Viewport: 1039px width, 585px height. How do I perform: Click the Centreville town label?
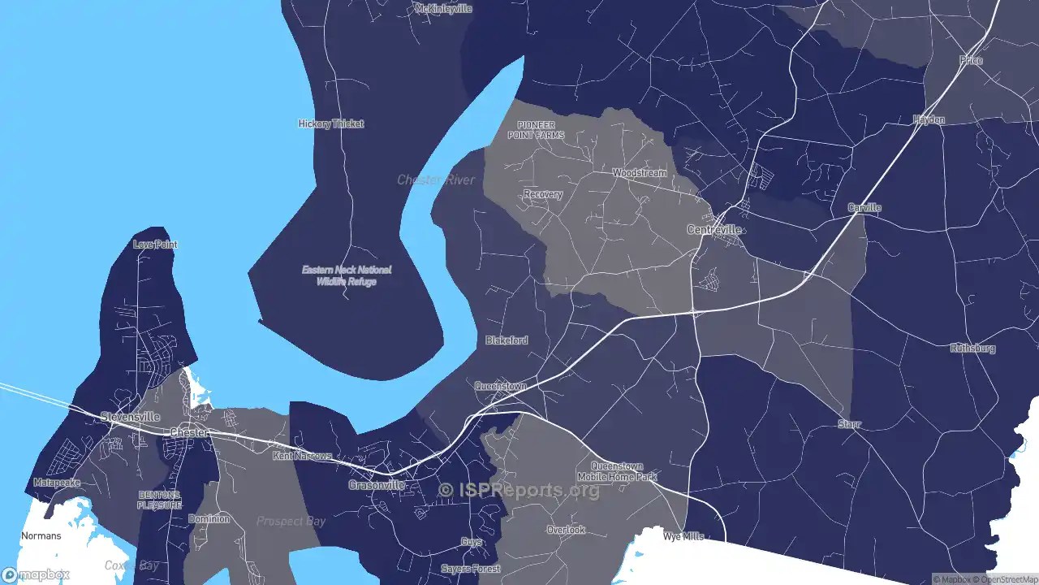coord(714,230)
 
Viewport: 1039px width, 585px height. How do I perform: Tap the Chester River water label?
coord(436,180)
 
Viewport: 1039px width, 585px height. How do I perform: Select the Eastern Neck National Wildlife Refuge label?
coord(347,275)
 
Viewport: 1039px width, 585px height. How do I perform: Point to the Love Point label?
coord(155,245)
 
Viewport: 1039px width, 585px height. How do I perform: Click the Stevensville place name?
coord(130,417)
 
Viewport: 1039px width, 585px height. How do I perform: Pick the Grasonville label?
coord(377,485)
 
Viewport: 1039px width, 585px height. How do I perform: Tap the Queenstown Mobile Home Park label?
coord(617,472)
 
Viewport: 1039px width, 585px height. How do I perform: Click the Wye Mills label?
coord(683,537)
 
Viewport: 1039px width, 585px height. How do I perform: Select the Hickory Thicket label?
coord(331,124)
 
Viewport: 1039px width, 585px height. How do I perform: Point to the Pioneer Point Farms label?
coord(536,130)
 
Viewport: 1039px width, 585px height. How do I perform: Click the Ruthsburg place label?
coord(972,349)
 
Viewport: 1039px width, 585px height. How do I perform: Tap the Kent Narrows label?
coord(302,456)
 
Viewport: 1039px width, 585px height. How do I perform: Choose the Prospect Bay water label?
coord(291,521)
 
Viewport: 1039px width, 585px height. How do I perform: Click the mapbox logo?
coord(36,575)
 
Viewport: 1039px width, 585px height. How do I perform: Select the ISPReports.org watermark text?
coord(519,490)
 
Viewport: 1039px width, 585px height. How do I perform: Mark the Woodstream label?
coord(640,173)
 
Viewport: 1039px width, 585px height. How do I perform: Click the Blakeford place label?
coord(507,340)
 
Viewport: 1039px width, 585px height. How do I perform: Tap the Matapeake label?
coord(57,483)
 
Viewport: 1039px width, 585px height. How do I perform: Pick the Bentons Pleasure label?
coord(159,500)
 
